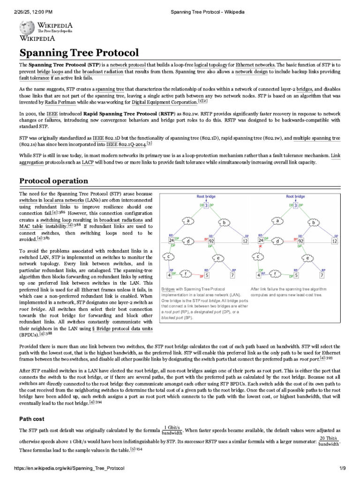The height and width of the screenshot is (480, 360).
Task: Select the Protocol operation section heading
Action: coord(53,180)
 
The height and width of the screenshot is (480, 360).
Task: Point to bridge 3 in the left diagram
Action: coord(206,205)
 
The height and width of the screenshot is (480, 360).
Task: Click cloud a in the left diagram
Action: coord(188,220)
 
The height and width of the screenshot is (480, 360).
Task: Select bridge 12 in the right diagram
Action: coord(334,241)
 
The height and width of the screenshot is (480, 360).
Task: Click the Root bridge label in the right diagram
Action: coord(295,197)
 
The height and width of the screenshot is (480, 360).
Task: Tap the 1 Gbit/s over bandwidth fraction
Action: coord(172,431)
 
